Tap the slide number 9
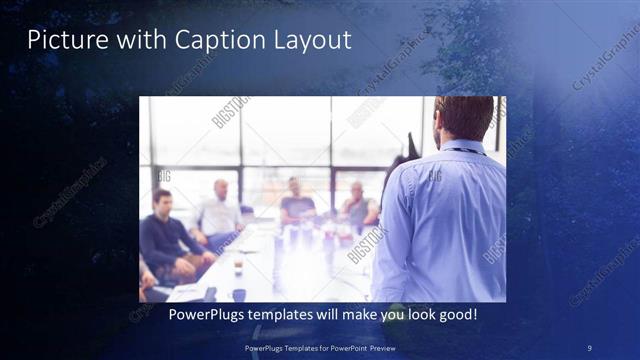pos(589,347)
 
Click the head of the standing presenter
pos(463,118)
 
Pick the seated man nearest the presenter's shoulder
pos(358,205)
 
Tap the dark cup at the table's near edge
pos(239,294)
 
